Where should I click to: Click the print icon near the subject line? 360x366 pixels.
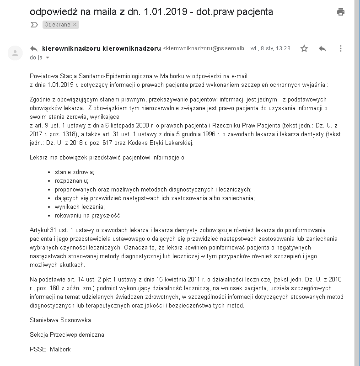pos(340,12)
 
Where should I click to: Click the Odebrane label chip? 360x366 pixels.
pos(61,25)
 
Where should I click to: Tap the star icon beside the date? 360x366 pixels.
pos(304,48)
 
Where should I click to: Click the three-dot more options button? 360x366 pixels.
pos(341,48)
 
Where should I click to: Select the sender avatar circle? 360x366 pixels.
pos(15,53)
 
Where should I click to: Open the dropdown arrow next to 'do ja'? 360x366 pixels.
pos(47,58)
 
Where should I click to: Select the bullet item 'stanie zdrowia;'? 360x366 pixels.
pos(75,172)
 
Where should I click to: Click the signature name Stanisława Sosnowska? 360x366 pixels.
pos(60,320)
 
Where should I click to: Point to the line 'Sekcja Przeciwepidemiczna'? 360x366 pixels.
pos(67,334)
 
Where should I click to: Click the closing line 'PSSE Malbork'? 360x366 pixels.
pos(50,350)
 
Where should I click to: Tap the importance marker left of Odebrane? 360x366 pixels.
pos(34,25)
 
